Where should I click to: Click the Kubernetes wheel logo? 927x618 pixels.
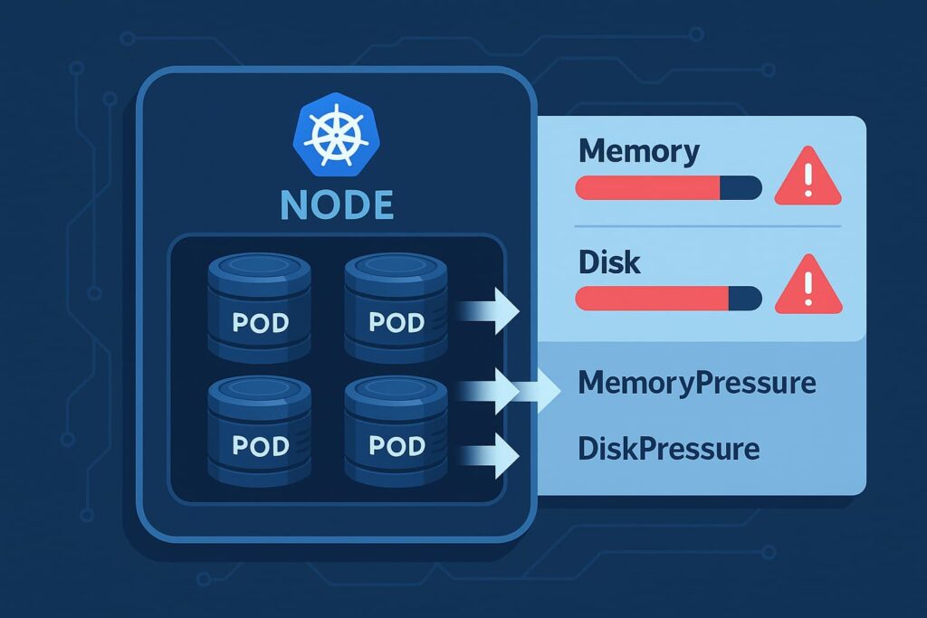[336, 133]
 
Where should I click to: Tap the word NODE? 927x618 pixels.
[337, 204]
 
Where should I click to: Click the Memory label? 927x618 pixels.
[638, 151]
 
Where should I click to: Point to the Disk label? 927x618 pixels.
[609, 262]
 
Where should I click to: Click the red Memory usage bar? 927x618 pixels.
[647, 188]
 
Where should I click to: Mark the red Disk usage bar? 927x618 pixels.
[652, 299]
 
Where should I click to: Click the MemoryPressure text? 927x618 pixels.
[696, 383]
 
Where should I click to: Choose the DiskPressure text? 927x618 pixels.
[668, 448]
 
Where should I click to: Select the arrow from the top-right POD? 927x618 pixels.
[489, 312]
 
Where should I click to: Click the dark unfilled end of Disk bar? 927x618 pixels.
[745, 299]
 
